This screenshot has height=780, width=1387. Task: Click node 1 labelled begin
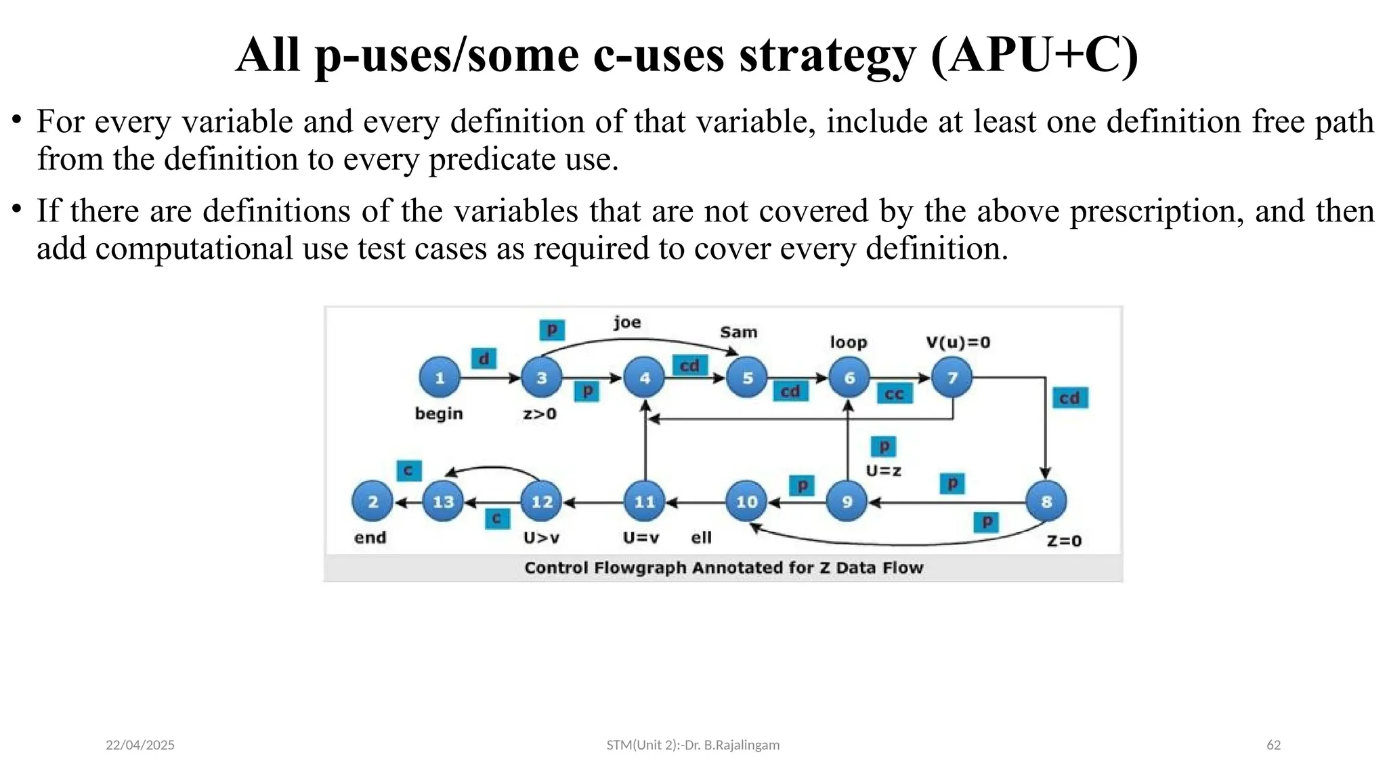tap(440, 377)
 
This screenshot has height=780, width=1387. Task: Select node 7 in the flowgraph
tap(952, 377)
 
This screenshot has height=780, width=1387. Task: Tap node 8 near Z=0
tap(1046, 502)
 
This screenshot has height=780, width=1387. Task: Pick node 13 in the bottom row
tap(443, 502)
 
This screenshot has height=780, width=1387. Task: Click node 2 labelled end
tap(372, 502)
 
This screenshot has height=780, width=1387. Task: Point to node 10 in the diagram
tap(746, 502)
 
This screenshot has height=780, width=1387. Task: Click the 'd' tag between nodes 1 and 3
tap(484, 358)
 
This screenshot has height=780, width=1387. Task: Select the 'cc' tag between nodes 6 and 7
tap(894, 394)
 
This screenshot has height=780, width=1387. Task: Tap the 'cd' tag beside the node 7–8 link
tap(1069, 398)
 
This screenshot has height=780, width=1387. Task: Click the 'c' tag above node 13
tap(408, 471)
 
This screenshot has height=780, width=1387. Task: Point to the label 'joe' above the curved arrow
tap(627, 322)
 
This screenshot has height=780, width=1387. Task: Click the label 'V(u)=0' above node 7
tap(958, 343)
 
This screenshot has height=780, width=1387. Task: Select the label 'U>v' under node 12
tap(541, 538)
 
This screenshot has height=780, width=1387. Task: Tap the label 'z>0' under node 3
tap(539, 414)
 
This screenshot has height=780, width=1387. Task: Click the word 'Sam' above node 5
tap(738, 332)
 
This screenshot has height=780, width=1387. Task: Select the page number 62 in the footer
tap(1273, 745)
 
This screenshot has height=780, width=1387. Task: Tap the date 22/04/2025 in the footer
tap(140, 745)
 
